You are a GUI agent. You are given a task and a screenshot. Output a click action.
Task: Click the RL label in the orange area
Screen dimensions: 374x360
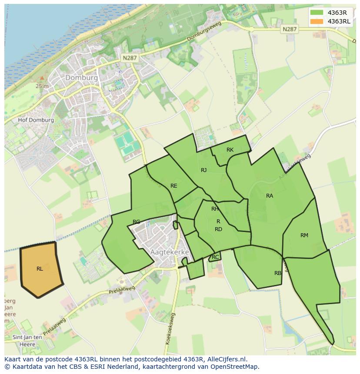click(x=40, y=269)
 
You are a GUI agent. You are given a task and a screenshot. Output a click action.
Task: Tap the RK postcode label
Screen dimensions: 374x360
click(x=230, y=150)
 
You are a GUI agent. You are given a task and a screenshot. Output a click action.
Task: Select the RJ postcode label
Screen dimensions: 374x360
click(x=203, y=170)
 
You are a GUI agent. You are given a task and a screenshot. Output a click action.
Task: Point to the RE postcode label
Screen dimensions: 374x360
click(x=174, y=186)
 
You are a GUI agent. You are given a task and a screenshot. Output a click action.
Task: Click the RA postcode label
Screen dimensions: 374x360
click(x=270, y=196)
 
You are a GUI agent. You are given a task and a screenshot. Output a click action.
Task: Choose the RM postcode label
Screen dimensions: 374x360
click(x=304, y=235)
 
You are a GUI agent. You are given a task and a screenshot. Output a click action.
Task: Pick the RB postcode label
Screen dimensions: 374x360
click(x=278, y=273)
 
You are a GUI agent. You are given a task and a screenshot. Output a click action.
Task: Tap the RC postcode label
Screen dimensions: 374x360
click(x=215, y=257)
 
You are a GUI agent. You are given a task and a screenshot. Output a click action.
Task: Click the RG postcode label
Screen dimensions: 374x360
click(x=137, y=222)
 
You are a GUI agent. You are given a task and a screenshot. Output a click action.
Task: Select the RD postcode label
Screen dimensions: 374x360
click(x=218, y=229)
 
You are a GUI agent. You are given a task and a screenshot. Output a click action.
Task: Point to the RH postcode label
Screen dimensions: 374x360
click(x=215, y=209)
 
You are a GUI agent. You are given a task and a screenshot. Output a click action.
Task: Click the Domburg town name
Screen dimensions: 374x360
click(x=82, y=78)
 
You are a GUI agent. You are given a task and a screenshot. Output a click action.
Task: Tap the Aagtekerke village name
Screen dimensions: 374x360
click(x=170, y=252)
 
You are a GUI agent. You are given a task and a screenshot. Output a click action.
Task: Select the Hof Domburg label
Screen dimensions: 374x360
click(x=36, y=120)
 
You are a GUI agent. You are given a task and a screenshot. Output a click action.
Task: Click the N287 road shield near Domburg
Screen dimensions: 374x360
click(x=130, y=57)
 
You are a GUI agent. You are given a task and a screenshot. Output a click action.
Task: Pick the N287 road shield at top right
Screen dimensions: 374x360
click(x=289, y=29)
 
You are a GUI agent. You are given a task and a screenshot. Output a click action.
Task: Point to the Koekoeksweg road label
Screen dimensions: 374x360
click(x=170, y=329)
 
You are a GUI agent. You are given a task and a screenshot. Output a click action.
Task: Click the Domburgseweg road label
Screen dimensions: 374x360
click(x=204, y=32)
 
